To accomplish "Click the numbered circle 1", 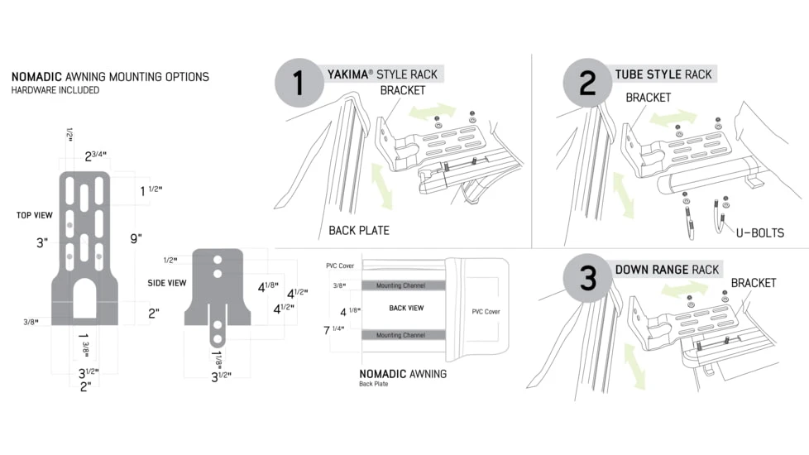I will pos(299,83).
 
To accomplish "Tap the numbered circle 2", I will pos(587,83).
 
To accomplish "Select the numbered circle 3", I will pos(587,278).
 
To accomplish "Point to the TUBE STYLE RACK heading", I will pos(663,74).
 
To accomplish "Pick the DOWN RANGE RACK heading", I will pos(667,269).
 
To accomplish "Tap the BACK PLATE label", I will pos(358,230).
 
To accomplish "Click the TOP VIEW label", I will pos(35,215).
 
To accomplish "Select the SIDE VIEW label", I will pos(166,282).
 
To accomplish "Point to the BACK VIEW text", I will pos(406,307).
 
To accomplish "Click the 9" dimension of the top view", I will pos(136,238).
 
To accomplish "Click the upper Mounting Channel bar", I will pos(401,285).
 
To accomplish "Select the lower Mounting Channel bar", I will pos(401,335).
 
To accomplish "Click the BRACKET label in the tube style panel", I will pos(648,97).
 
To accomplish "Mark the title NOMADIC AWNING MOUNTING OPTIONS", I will pos(110,77).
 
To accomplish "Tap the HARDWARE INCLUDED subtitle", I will pos(55,90).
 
